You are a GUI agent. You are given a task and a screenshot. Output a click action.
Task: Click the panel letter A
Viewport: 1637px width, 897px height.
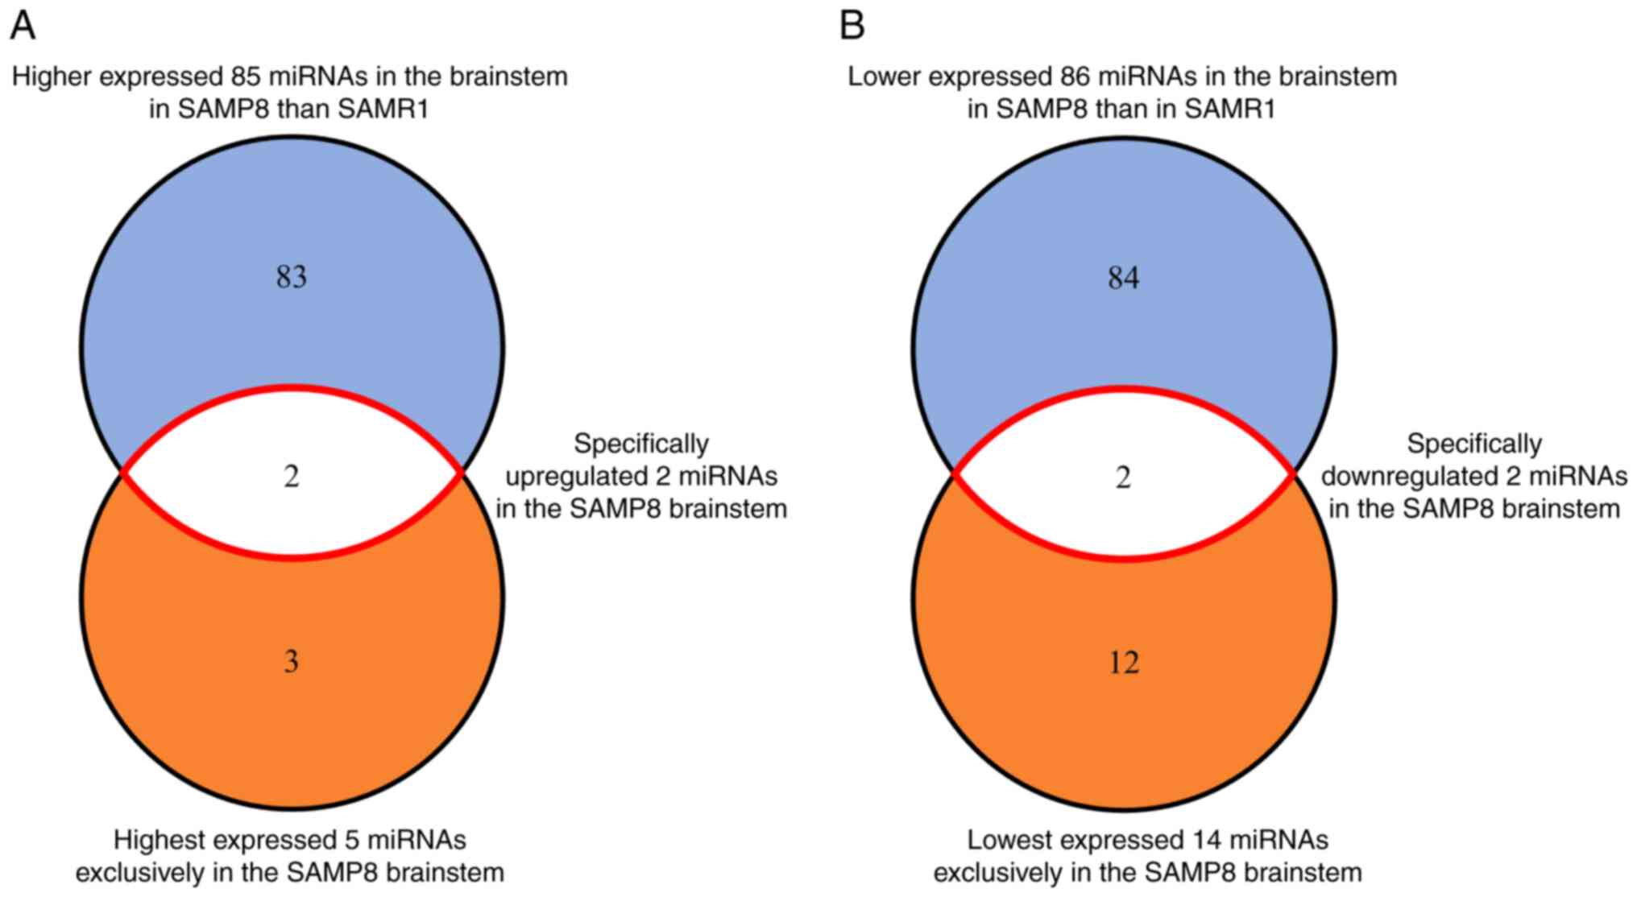coord(23,26)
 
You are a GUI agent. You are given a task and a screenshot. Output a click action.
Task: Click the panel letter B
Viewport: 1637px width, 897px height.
coord(852,26)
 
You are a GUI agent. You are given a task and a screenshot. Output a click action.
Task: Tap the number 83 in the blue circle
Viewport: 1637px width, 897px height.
coord(292,277)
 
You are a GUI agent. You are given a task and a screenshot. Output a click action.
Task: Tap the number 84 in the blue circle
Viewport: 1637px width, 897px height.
coord(1123,278)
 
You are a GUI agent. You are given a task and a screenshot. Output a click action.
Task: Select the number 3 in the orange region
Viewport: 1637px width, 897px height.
coord(292,661)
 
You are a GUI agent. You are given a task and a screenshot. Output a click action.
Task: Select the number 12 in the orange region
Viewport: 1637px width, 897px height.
coord(1123,662)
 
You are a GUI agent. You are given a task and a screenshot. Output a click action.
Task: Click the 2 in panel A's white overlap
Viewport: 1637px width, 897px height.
coord(292,476)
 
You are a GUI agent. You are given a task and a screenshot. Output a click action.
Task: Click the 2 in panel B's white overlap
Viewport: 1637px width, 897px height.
coord(1123,477)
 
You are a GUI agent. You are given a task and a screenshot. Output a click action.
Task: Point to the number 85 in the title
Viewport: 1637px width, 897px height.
coord(241,76)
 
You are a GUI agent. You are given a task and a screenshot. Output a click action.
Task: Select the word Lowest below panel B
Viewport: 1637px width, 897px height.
coord(1009,840)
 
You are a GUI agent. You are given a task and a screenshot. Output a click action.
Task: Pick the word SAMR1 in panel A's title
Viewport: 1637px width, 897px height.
coord(383,109)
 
